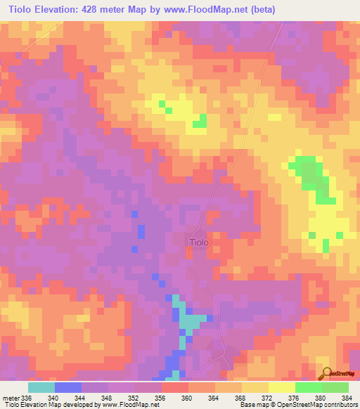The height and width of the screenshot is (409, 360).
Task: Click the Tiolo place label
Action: point(198,242)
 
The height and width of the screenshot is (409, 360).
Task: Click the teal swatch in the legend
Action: point(41,387)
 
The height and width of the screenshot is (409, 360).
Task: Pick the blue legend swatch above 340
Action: point(67,387)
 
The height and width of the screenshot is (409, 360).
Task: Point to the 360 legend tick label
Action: point(187,398)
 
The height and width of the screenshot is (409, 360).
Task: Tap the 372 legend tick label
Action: point(267,398)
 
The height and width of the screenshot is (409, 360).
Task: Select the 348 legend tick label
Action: point(107,398)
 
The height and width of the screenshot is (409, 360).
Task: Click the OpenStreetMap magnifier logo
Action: point(325,374)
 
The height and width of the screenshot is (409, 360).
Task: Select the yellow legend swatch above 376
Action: point(281,387)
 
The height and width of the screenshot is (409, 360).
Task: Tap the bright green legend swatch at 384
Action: point(335,387)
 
